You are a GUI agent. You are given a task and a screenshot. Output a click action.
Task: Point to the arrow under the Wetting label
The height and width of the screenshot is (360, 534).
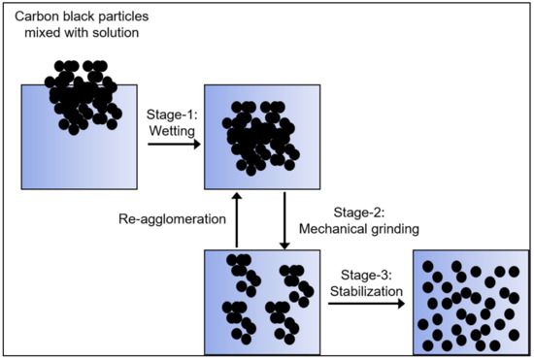[174, 145]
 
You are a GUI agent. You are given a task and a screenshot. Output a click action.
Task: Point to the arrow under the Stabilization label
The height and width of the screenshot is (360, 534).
[365, 303]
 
